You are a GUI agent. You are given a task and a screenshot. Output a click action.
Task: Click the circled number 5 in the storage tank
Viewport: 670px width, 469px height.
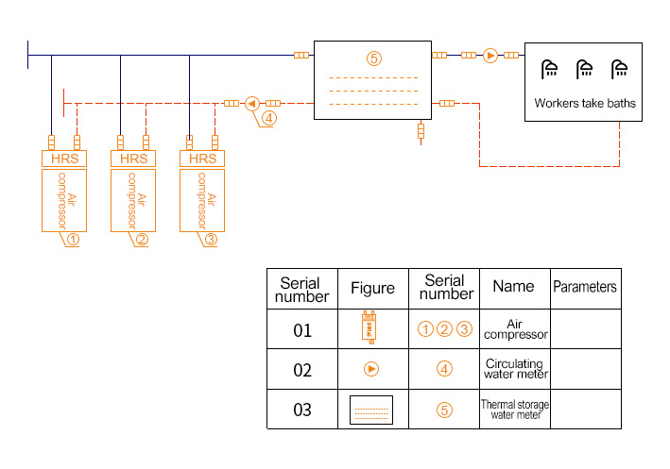374,59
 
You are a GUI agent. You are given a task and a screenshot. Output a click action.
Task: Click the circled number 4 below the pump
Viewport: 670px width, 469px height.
269,119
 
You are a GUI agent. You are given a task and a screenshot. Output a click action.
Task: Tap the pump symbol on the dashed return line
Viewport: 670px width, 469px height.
252,103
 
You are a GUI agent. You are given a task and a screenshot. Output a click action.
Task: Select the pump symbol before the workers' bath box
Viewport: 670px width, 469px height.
490,56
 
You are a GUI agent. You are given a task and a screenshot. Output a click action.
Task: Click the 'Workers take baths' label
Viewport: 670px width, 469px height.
585,103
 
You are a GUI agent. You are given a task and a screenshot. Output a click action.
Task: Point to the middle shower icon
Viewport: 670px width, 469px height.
585,69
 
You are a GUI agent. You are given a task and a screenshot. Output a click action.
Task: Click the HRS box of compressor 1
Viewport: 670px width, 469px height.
64,159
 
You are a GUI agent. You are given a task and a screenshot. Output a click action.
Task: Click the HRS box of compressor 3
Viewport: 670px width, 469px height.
203,159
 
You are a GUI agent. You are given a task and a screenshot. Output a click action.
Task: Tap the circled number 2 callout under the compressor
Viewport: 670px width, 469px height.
141,239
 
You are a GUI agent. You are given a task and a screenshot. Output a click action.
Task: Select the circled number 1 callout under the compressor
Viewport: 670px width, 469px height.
72,239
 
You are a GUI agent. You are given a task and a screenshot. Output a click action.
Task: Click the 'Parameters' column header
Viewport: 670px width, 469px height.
584,287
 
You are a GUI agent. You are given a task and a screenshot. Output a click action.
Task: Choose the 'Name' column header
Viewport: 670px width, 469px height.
513,286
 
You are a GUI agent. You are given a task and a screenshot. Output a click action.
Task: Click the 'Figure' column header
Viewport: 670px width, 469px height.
372,288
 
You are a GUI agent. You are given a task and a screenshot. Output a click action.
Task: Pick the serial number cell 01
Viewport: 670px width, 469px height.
302,329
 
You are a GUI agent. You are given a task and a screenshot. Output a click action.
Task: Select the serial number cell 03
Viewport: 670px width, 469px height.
302,410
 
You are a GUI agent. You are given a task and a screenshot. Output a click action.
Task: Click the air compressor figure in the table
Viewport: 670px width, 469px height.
371,327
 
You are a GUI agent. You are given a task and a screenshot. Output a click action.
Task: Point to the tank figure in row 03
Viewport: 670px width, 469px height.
371,410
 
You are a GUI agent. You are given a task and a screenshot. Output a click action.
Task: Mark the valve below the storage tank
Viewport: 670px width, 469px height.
421,133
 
